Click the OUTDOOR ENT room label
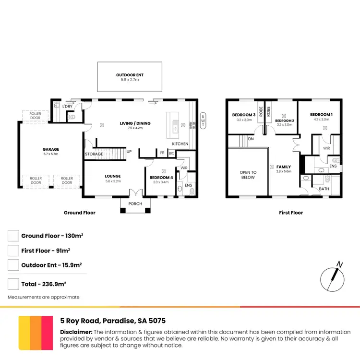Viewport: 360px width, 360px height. pos(130,75)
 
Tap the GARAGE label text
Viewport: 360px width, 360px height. pos(51,149)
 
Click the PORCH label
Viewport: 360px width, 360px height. pos(135,204)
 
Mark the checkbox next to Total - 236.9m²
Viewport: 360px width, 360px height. pos(13,284)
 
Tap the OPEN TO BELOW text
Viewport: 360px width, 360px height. pos(248,175)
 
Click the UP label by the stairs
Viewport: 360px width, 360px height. pos(129,152)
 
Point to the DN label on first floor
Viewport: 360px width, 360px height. pos(251,139)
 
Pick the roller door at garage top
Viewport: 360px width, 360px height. pos(36,115)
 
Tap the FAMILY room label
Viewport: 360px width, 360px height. pos(283,167)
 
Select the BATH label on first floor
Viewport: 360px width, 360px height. pos(324,189)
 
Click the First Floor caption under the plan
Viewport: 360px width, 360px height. pos(291,213)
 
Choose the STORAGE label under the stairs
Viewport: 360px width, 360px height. pos(94,154)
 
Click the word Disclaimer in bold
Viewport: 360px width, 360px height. pos(76,332)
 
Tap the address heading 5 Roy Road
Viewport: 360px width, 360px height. pos(113,321)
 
